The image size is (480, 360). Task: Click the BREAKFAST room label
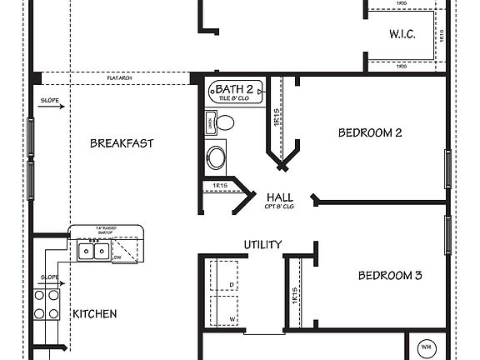click(122, 143)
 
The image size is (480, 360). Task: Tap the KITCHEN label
click(94, 314)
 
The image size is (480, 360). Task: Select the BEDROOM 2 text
click(370, 132)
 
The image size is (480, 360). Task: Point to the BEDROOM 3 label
click(390, 276)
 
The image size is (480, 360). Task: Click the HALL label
click(278, 197)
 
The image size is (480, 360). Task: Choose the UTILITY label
click(262, 244)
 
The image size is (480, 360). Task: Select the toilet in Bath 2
click(224, 123)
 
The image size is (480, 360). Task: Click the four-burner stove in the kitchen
click(46, 304)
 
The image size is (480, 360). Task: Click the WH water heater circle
click(425, 347)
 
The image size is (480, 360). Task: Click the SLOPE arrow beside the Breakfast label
click(50, 107)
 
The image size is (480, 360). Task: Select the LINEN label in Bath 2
click(208, 123)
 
